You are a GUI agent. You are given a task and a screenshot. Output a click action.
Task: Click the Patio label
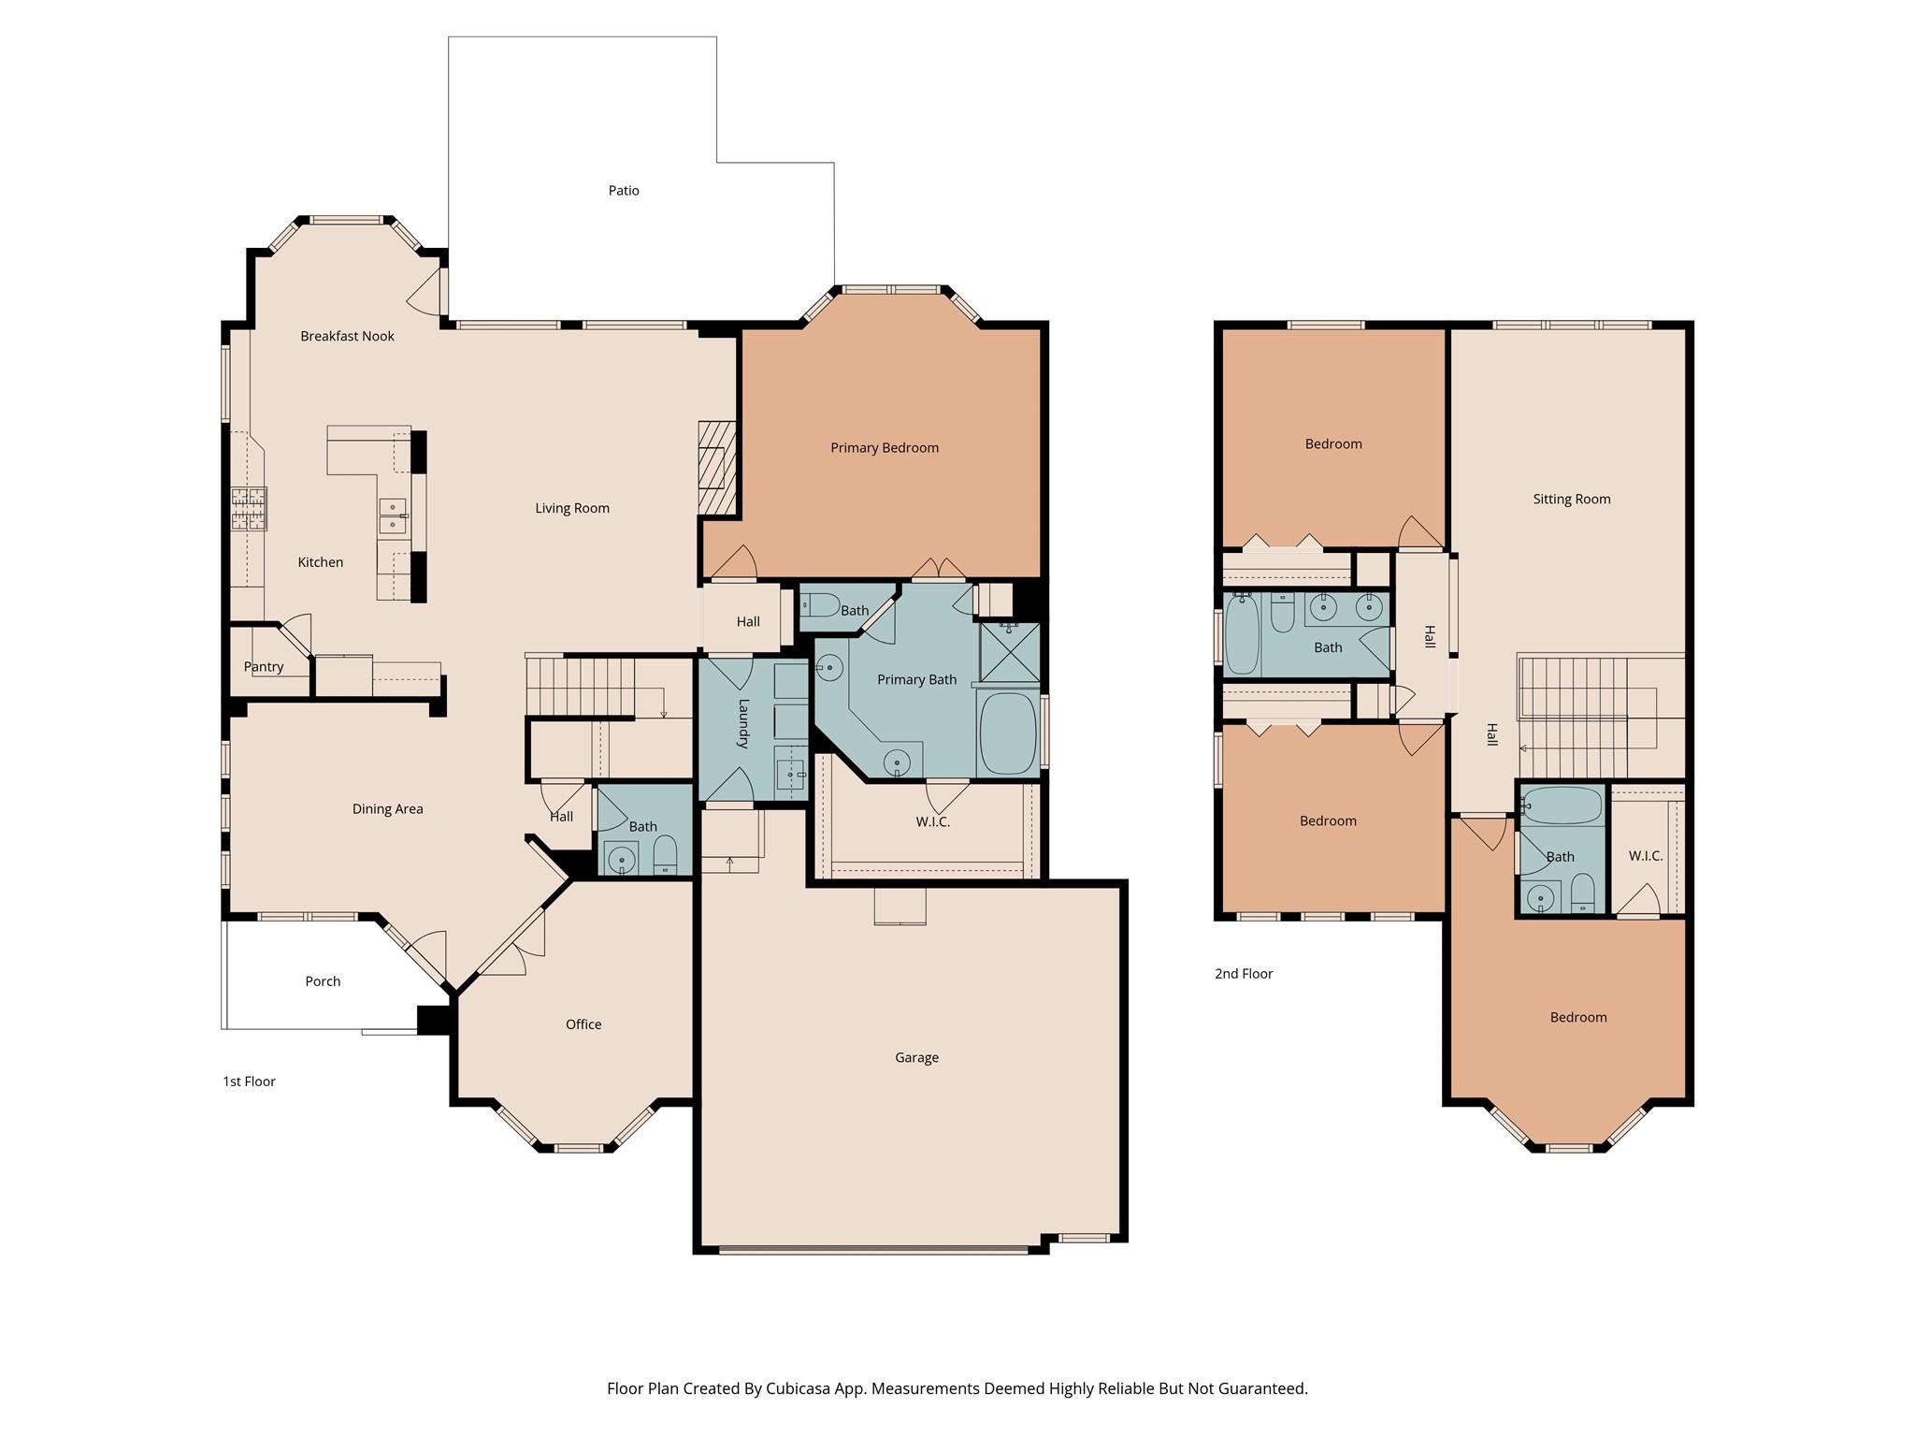(624, 191)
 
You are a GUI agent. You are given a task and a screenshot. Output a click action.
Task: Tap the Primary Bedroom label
(884, 448)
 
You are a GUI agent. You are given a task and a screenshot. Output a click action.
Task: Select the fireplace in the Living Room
(717, 468)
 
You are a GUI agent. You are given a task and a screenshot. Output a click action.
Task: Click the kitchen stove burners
(249, 509)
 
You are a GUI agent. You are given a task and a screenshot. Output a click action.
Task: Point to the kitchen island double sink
(393, 516)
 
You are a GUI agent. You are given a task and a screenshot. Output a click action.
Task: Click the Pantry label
(264, 667)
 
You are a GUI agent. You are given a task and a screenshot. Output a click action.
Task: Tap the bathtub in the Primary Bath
(1008, 733)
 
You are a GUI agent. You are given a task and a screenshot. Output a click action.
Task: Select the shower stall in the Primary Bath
(1009, 652)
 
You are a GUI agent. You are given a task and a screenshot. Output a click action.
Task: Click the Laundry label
(744, 723)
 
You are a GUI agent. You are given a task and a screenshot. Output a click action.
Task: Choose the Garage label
(916, 1058)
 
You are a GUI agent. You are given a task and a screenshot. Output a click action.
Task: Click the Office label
(583, 1024)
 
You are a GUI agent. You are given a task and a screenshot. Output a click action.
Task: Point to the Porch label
(323, 981)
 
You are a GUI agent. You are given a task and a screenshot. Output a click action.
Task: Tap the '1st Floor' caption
(249, 1081)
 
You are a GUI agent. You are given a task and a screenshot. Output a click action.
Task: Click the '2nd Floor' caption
(1244, 974)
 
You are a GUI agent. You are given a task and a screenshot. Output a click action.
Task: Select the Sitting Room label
(1571, 500)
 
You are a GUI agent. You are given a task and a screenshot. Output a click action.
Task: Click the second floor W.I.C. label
(1645, 856)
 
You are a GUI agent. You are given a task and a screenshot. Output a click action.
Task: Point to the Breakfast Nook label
(347, 337)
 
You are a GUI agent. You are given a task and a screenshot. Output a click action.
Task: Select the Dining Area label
(387, 809)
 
